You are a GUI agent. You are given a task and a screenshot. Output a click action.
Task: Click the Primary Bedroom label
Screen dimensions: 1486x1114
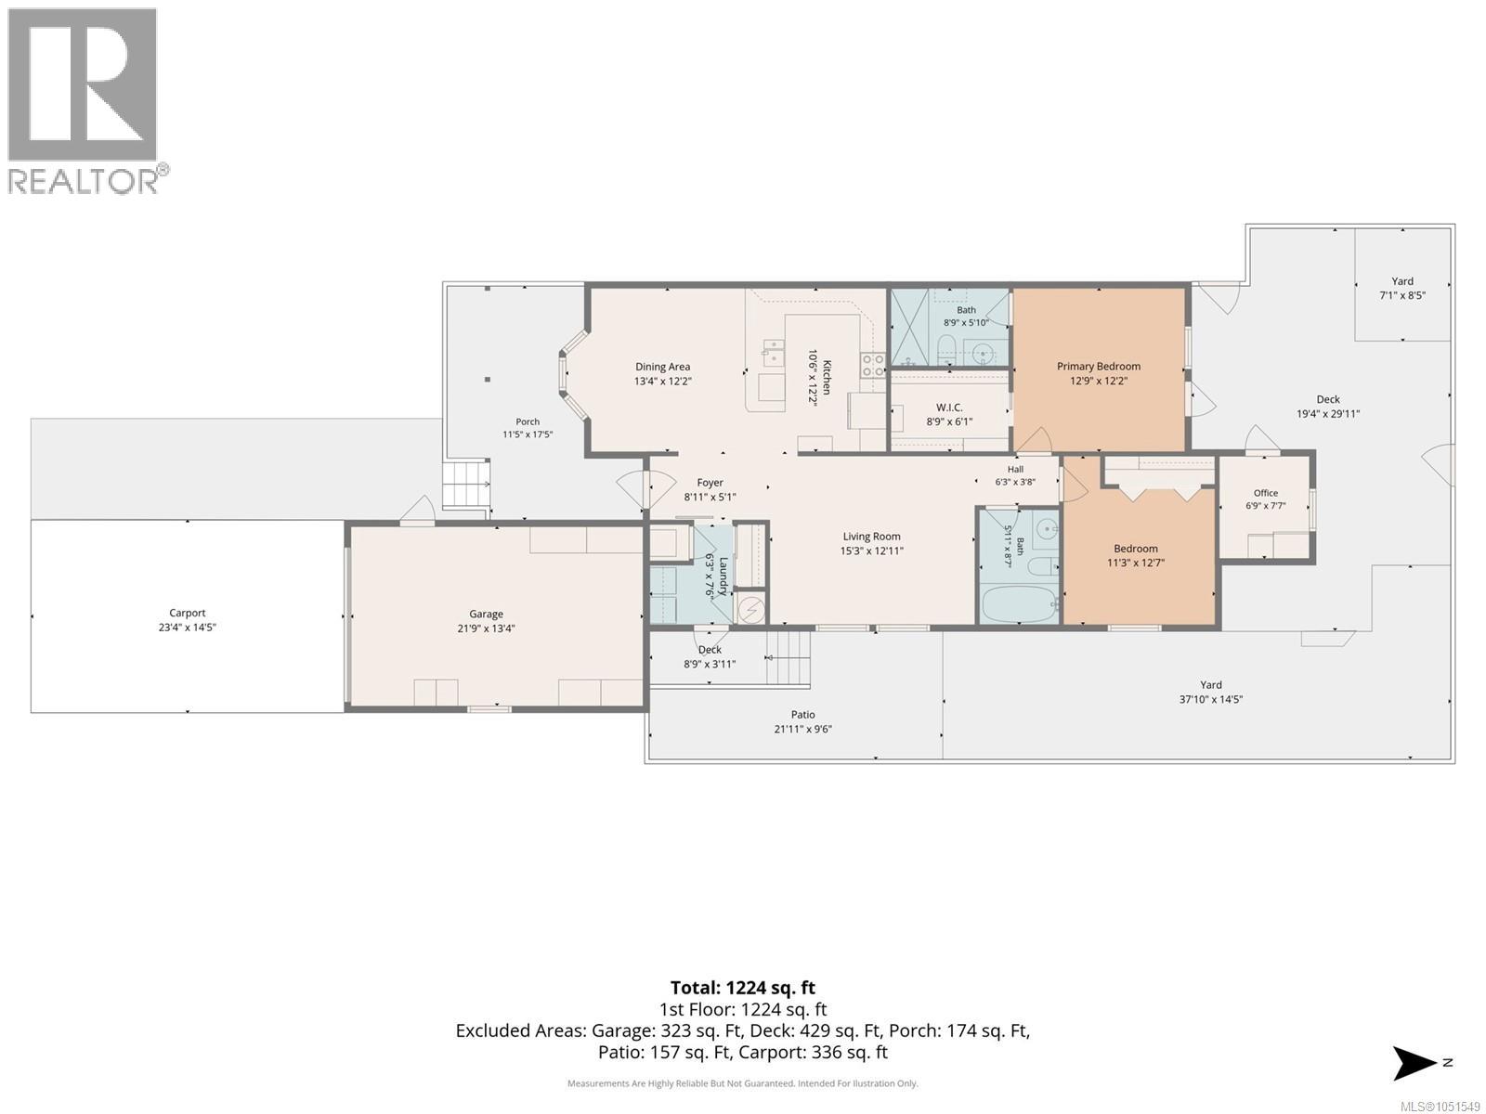click(1098, 366)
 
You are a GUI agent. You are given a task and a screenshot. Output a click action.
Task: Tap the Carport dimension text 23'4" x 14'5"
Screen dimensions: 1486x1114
click(187, 627)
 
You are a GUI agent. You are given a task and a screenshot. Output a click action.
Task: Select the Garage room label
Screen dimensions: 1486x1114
click(486, 615)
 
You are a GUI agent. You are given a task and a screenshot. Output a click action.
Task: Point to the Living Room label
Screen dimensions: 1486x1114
click(871, 537)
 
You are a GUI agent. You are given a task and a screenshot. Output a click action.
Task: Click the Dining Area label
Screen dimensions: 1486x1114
click(662, 367)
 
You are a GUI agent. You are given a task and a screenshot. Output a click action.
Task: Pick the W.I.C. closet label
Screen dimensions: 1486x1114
click(949, 408)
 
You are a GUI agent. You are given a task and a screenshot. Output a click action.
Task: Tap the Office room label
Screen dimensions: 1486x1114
click(1265, 493)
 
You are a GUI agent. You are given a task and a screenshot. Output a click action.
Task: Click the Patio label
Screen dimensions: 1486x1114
click(803, 714)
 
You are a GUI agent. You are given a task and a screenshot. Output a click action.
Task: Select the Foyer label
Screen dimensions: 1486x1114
click(710, 482)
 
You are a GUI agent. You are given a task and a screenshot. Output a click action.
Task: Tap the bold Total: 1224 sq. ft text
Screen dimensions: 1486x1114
click(743, 988)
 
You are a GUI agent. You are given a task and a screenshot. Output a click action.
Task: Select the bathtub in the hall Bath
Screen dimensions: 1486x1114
click(1019, 604)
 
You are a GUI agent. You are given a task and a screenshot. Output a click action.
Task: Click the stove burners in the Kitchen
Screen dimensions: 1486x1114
click(873, 365)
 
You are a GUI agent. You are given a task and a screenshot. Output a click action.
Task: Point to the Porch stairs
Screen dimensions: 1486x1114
click(466, 483)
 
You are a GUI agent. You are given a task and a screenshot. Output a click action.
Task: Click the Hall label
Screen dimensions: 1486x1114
click(1015, 469)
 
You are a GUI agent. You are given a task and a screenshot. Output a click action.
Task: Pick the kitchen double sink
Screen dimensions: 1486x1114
click(772, 353)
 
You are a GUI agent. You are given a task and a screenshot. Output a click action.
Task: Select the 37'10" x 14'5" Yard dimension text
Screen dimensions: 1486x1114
click(1210, 699)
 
